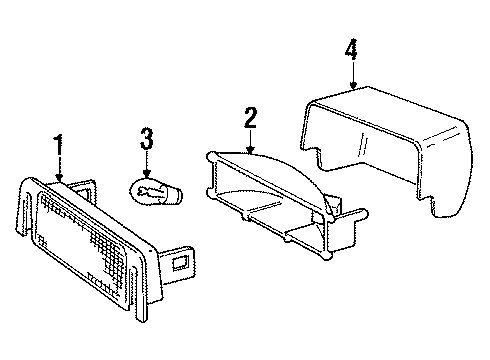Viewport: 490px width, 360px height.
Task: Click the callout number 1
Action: tap(59, 145)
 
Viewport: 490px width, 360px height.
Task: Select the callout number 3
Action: tap(146, 137)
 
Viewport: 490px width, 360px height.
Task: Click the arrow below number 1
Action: tap(59, 170)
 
